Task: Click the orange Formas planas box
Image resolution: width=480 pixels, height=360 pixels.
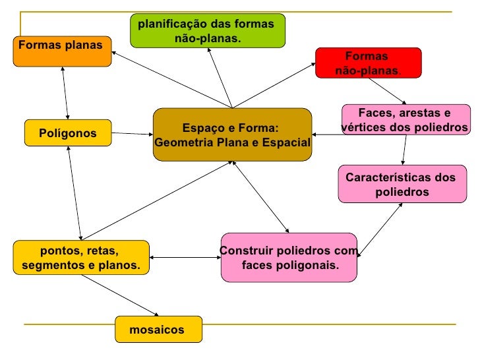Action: pyautogui.click(x=62, y=51)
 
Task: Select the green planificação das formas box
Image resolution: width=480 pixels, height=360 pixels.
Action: pyautogui.click(x=208, y=30)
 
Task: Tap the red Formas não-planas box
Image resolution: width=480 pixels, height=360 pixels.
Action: pyautogui.click(x=368, y=63)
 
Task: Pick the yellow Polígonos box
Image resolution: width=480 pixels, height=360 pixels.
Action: pyautogui.click(x=67, y=134)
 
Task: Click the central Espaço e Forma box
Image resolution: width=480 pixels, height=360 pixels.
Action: pyautogui.click(x=232, y=135)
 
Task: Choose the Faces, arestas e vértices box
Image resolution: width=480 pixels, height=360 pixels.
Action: pyautogui.click(x=405, y=119)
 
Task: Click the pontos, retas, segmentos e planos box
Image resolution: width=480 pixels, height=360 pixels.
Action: pyautogui.click(x=80, y=258)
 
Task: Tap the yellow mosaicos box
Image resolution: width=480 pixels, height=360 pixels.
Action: pyautogui.click(x=158, y=330)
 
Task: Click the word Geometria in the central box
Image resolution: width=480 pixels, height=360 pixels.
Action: pyautogui.click(x=182, y=142)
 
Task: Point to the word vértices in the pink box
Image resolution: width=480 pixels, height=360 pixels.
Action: pyautogui.click(x=360, y=127)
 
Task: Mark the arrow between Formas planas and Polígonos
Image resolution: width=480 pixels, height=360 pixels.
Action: pyautogui.click(x=66, y=93)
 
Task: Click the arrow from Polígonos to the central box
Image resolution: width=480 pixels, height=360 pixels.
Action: pyautogui.click(x=132, y=135)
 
